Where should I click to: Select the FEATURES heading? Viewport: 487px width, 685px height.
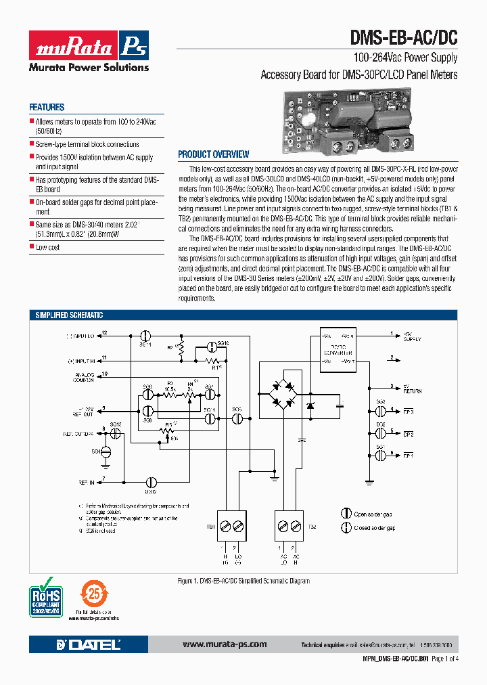(47, 107)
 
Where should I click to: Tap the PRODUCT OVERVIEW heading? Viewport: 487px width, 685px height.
(213, 154)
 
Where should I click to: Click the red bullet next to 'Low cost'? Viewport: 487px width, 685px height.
(31, 247)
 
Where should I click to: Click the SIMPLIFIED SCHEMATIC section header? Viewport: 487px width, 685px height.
(70, 315)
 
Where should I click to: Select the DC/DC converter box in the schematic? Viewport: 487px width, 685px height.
(337, 348)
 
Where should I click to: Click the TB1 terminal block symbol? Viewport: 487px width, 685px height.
(231, 526)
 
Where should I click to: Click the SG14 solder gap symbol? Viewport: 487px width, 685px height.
(145, 335)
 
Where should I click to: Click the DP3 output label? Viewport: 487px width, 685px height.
(408, 412)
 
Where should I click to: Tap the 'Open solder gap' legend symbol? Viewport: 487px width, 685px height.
(346, 514)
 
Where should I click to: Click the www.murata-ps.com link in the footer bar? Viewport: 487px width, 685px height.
(225, 644)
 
